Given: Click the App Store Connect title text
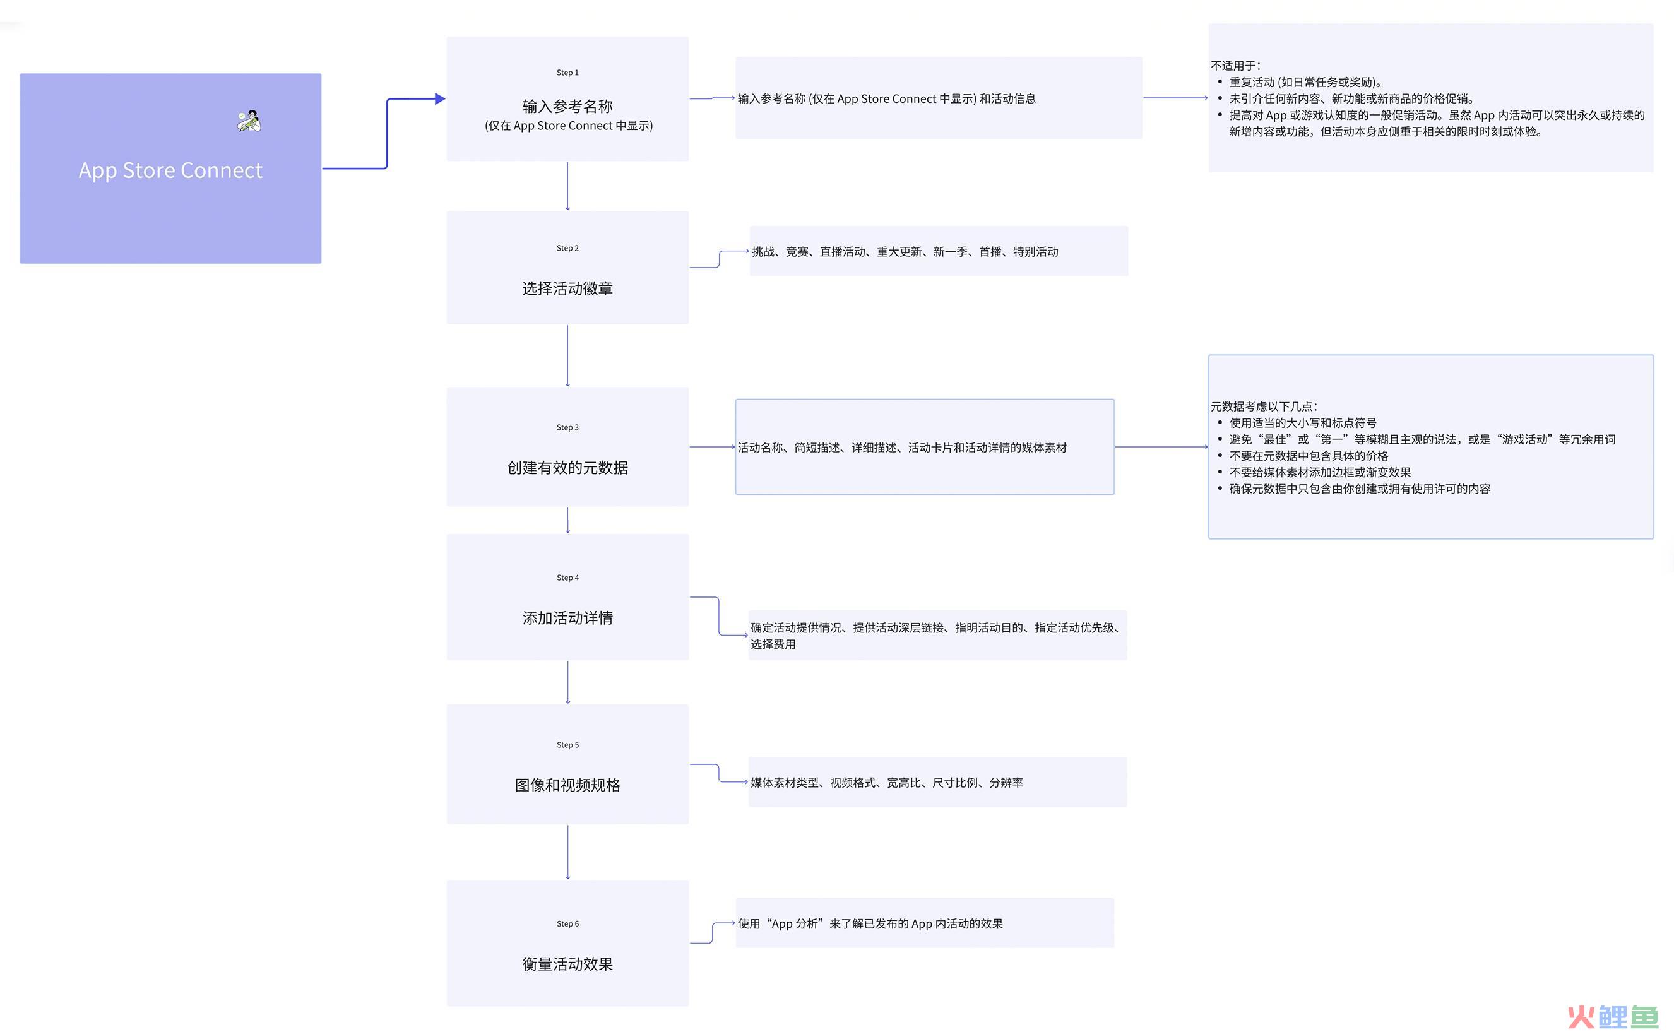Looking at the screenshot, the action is [170, 170].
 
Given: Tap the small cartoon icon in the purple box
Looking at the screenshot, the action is [249, 121].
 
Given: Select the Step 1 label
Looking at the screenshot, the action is [567, 73].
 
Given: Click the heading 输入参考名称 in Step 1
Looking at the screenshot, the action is [567, 106].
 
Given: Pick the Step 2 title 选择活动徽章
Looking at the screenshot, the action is [567, 288].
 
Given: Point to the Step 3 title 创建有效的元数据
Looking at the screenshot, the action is [567, 468].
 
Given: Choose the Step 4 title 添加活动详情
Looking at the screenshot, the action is [567, 618].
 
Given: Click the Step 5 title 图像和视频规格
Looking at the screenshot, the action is [567, 785].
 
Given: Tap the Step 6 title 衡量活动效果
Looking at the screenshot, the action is [567, 964].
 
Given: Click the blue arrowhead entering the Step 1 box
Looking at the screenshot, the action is [440, 99].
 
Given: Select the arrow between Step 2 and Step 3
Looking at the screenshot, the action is [567, 355].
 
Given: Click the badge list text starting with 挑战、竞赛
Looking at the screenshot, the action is [905, 252].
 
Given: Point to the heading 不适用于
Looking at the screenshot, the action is [1236, 66].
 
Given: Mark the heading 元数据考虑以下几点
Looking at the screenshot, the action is [1264, 406].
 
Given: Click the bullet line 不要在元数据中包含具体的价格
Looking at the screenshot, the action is [1309, 455].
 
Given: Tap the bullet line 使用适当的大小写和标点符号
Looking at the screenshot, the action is [1303, 422].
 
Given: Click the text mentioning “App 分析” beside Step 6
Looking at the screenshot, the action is [870, 923].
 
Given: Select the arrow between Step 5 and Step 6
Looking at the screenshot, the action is [567, 852].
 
